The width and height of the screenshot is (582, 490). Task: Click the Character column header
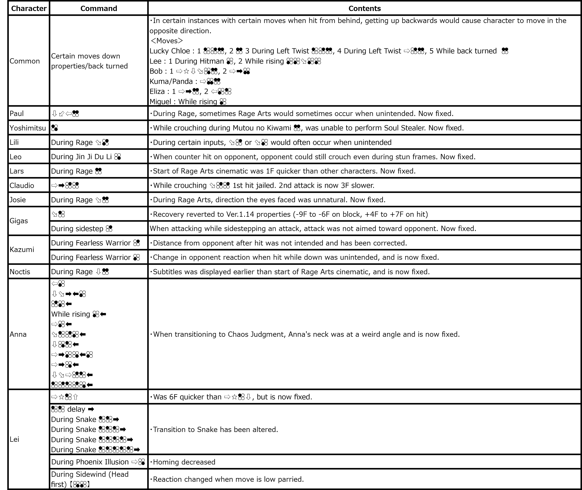pyautogui.click(x=29, y=8)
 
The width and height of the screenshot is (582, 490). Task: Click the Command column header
pyautogui.click(x=99, y=8)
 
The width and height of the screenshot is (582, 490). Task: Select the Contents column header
pyautogui.click(x=364, y=8)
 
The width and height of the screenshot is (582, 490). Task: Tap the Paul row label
pyautogui.click(x=17, y=113)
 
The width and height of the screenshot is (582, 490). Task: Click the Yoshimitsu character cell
pyautogui.click(x=28, y=128)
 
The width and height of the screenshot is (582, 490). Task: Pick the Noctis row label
pyautogui.click(x=20, y=272)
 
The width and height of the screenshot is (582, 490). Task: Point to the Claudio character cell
pyautogui.click(x=22, y=185)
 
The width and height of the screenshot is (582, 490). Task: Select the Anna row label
pyautogui.click(x=18, y=334)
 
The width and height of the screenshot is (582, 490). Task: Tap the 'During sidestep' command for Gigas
pyautogui.click(x=77, y=228)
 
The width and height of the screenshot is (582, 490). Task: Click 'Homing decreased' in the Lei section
pyautogui.click(x=184, y=462)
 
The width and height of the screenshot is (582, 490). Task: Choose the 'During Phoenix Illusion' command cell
pyautogui.click(x=90, y=462)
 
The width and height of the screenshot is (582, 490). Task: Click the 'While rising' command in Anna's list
pyautogui.click(x=71, y=314)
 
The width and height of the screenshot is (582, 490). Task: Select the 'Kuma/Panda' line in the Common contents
pyautogui.click(x=171, y=81)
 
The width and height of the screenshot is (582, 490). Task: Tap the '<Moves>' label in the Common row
pyautogui.click(x=167, y=41)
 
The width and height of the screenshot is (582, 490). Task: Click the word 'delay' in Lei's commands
pyautogui.click(x=76, y=409)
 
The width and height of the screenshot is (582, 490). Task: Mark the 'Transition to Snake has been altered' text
pyautogui.click(x=215, y=429)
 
